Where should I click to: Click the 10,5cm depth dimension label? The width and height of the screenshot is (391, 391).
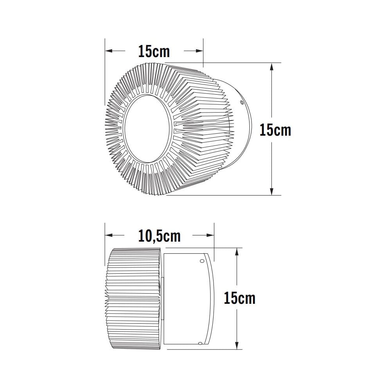click(159, 236)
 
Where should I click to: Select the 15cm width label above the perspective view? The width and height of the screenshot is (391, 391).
click(154, 51)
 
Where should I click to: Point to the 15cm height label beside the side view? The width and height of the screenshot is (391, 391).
click(239, 298)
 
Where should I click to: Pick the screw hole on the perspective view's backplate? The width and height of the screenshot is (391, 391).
click(242, 103)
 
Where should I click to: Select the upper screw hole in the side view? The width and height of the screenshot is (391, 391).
click(202, 261)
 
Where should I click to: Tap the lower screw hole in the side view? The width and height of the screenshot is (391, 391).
click(200, 343)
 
